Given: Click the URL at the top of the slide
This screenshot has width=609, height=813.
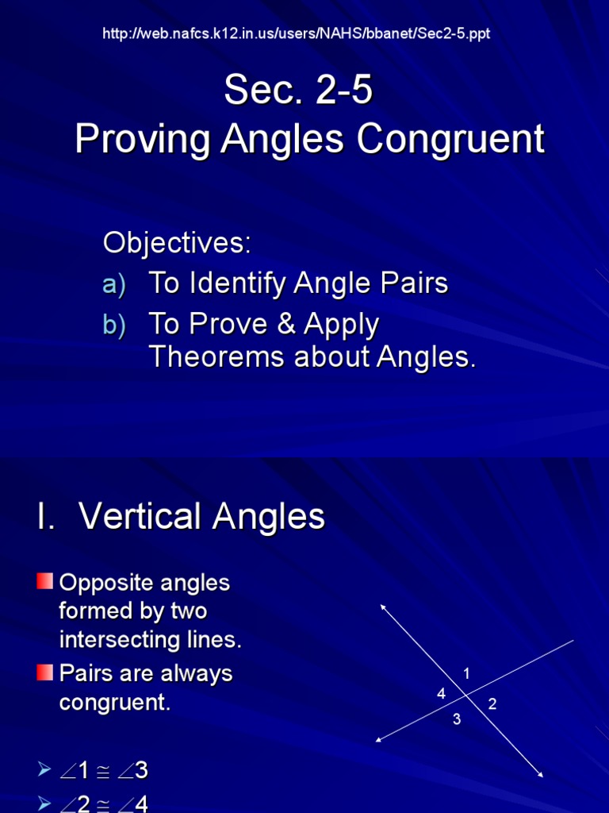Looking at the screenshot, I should point(302,33).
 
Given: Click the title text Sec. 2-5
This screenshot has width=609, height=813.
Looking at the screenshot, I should point(298,91).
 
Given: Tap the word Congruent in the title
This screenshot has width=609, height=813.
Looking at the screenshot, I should point(450,140).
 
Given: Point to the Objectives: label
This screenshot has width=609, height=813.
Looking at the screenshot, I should point(177,244).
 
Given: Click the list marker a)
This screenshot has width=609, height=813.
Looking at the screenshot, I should point(114,285).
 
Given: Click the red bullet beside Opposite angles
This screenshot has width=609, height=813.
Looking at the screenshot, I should point(44,582).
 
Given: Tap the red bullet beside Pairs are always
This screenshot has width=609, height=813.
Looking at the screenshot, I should point(44,673).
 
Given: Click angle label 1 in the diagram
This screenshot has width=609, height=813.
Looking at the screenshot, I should point(467,674).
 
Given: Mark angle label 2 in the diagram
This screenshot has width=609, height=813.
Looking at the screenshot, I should point(492,703).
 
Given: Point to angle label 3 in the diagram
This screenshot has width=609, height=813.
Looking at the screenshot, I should point(457,719).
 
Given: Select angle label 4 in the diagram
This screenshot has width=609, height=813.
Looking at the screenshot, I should point(441,694).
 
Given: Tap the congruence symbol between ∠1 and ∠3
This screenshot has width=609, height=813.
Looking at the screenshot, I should point(103,772).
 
